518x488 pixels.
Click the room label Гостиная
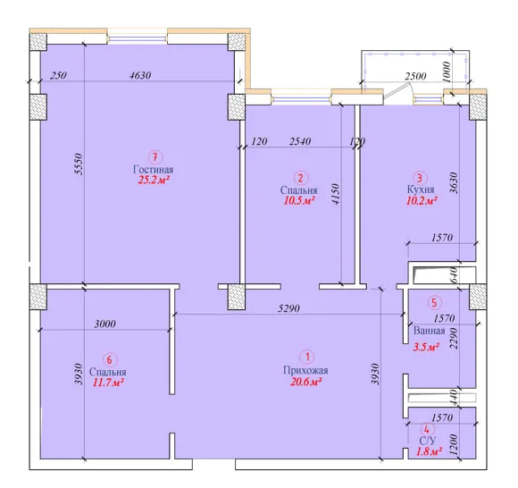click(x=153, y=170)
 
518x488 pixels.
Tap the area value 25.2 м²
click(x=154, y=180)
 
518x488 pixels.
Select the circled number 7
click(x=155, y=157)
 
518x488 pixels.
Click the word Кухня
click(x=421, y=189)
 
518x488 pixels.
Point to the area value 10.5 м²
click(x=299, y=200)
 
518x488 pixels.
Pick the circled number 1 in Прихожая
click(x=307, y=358)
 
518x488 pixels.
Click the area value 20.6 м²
click(x=306, y=382)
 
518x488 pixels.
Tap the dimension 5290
click(x=288, y=308)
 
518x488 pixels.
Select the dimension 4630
click(x=140, y=75)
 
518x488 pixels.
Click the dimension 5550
click(x=79, y=164)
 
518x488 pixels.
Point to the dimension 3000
click(x=105, y=324)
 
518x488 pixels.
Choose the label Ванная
click(x=429, y=331)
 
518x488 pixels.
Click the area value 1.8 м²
click(x=429, y=451)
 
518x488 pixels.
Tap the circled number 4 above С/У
click(x=427, y=430)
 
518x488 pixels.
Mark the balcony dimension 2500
click(x=415, y=76)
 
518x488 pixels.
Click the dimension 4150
click(x=335, y=195)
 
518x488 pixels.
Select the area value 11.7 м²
click(x=108, y=383)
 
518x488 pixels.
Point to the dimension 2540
click(x=300, y=141)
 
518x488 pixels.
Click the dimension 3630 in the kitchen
click(x=455, y=183)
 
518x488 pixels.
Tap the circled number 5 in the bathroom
click(x=434, y=302)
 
